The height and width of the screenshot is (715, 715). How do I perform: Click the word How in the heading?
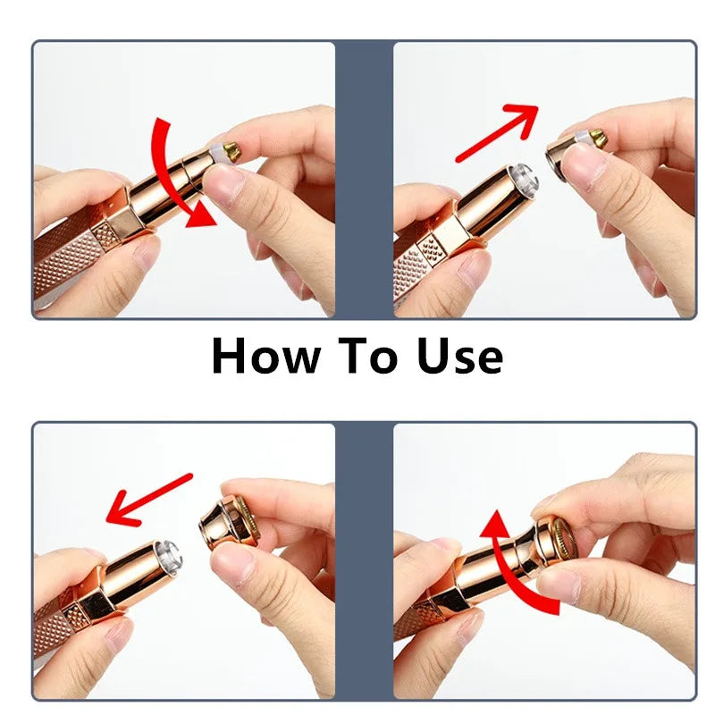[x=265, y=357]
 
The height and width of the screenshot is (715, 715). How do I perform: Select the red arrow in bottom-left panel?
[x=147, y=500]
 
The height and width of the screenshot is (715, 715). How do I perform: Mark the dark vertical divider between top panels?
[x=364, y=179]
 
